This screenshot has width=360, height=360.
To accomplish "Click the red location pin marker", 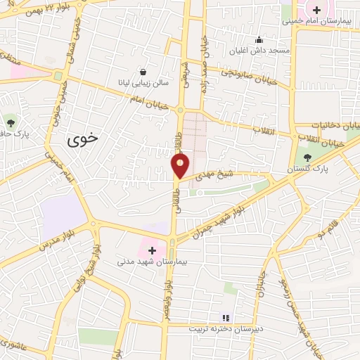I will pyautogui.click(x=181, y=166).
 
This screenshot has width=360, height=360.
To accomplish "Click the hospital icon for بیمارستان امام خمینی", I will pyautogui.click(x=317, y=10).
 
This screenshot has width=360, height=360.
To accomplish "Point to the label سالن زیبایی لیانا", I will pyautogui.click(x=143, y=82).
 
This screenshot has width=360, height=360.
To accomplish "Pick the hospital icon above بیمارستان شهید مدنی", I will pyautogui.click(x=152, y=250).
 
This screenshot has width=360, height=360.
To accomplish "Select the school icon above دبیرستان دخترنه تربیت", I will pyautogui.click(x=224, y=316).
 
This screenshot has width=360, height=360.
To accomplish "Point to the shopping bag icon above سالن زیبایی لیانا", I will pyautogui.click(x=143, y=71).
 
